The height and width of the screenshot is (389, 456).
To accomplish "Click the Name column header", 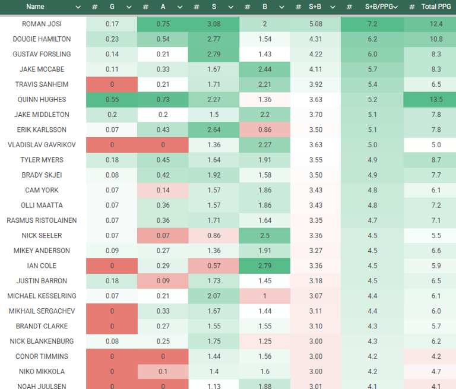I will click(x=35, y=7).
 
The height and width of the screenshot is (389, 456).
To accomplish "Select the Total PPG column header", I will click(x=436, y=7).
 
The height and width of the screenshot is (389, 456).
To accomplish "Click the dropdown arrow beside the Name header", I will click(x=78, y=7).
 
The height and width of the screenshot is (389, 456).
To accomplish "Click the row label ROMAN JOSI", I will click(x=42, y=24).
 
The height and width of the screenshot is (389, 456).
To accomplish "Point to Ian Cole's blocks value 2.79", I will click(x=265, y=265).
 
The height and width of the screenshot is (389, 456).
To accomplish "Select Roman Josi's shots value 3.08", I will click(x=214, y=24).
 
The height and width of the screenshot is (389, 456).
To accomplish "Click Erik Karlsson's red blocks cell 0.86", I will click(x=265, y=129).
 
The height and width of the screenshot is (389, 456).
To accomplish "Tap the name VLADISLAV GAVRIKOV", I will click(x=42, y=145).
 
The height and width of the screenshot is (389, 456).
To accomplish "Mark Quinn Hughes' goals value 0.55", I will click(x=112, y=99).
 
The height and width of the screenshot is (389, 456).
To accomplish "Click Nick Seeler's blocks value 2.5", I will click(x=265, y=235).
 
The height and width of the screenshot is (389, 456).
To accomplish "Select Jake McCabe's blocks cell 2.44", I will click(x=265, y=69).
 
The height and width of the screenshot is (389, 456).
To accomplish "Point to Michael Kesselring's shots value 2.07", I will click(x=214, y=296).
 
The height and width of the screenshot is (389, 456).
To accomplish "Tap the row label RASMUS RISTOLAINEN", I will click(x=42, y=220).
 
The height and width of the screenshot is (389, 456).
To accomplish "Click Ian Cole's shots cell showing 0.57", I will click(x=214, y=265).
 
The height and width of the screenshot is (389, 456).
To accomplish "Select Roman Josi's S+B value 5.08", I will click(x=315, y=24).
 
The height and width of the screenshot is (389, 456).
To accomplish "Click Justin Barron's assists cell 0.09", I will click(x=163, y=281).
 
